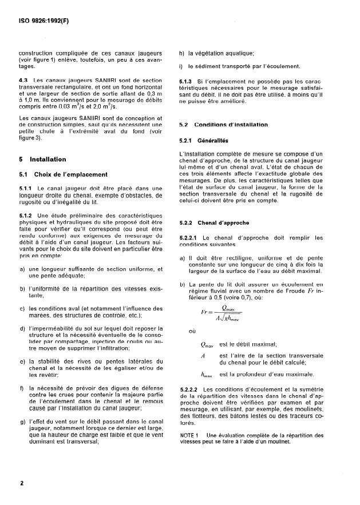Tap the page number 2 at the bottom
click(x=22, y=484)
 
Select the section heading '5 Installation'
click(x=43, y=160)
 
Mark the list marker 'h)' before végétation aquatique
click(x=182, y=53)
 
